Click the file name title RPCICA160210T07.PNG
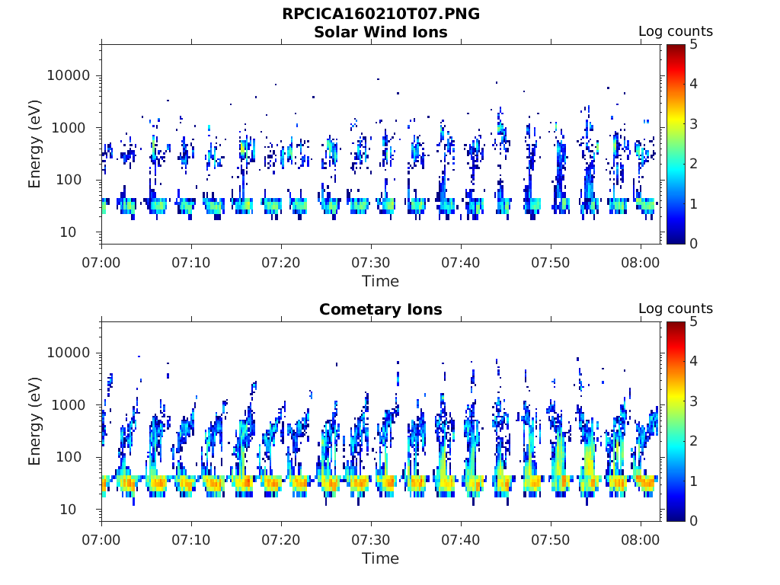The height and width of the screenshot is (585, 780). (x=381, y=14)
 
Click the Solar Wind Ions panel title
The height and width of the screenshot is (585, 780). (x=381, y=32)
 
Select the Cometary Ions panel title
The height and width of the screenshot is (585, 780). (x=381, y=309)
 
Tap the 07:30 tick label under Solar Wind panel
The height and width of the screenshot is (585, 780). (x=371, y=263)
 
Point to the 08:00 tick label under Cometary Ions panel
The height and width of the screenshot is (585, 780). (x=640, y=540)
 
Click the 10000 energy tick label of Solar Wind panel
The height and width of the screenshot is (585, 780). (x=69, y=75)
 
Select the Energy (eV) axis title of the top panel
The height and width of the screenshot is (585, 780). (x=34, y=144)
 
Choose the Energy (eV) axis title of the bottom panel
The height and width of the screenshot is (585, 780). (x=34, y=421)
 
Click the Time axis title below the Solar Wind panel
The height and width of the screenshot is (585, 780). (x=381, y=282)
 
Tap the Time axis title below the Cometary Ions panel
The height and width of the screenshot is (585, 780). (x=381, y=558)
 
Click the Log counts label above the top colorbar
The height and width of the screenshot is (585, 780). (x=676, y=31)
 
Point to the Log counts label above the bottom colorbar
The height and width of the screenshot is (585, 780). (x=676, y=308)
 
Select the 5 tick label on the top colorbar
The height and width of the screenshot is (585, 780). (x=693, y=45)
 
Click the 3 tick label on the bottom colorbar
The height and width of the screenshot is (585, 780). (x=693, y=401)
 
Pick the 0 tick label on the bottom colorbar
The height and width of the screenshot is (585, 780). (x=693, y=521)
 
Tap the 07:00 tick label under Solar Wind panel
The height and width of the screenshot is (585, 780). (x=101, y=263)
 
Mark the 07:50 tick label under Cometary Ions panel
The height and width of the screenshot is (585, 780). (x=550, y=540)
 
